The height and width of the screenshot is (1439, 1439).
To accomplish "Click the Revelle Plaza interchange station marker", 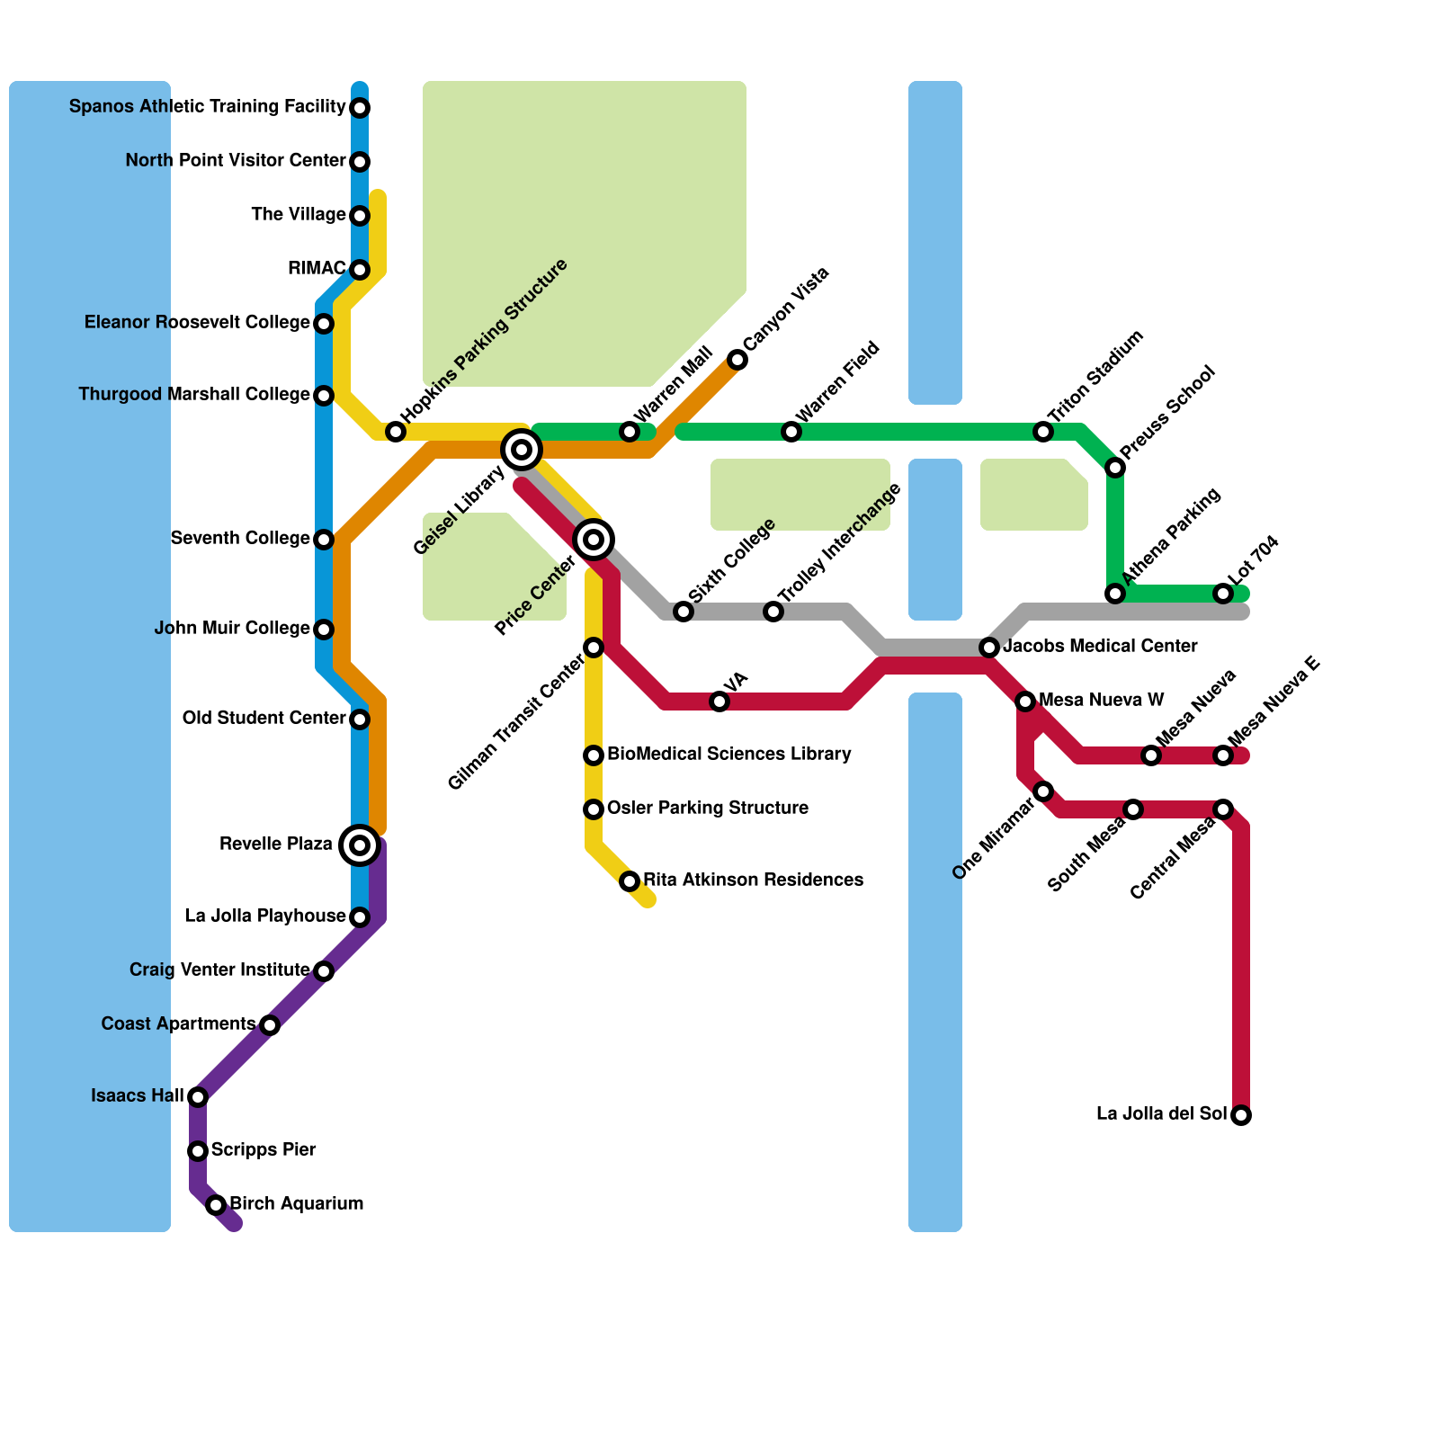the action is click(x=360, y=845).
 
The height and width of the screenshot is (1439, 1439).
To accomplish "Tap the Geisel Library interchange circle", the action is click(x=522, y=449).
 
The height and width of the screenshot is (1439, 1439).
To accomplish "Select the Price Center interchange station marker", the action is click(x=594, y=540).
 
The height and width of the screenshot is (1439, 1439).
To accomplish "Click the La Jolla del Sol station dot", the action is click(x=1241, y=1115).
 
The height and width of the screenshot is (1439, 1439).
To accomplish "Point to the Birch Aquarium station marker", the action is click(x=216, y=1205).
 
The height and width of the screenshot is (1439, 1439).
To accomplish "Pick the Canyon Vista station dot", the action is click(x=737, y=360).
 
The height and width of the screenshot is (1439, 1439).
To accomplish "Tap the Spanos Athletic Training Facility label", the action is click(x=207, y=107).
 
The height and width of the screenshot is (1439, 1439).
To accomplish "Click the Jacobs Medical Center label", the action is click(x=1100, y=647).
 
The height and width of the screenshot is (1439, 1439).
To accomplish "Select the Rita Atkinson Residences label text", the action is click(x=753, y=880).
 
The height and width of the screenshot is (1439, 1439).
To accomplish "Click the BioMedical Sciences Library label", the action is click(x=728, y=755).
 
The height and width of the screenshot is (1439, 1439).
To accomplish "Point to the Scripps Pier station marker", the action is click(x=198, y=1151).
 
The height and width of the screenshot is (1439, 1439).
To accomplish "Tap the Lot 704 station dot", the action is click(x=1223, y=594).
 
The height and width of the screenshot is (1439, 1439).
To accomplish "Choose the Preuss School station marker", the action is click(x=1115, y=468).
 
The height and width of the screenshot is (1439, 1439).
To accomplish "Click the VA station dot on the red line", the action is click(x=719, y=702).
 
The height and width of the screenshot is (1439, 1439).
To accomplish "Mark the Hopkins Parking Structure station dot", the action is click(x=396, y=432).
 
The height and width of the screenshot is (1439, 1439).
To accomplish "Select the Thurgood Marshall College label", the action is click(x=193, y=395).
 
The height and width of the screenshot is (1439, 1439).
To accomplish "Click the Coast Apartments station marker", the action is click(x=270, y=1025).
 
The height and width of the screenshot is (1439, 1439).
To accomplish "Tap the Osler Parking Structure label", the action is click(x=707, y=809).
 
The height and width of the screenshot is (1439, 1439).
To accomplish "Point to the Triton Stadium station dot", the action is click(x=1043, y=432).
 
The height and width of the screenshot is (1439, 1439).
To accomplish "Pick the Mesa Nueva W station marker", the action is click(x=1025, y=702).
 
